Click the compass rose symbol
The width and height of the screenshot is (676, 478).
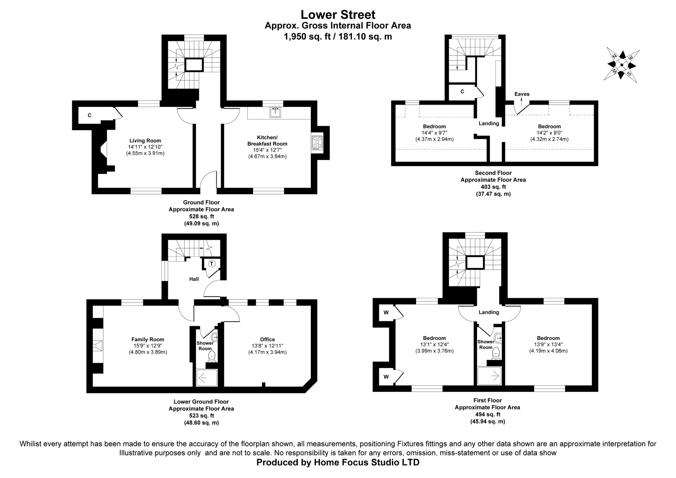coord(622,65)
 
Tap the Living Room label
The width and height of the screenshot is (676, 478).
coord(145,141)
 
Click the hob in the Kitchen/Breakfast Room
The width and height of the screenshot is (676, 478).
coord(317,143)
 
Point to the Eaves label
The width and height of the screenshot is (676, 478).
coord(522,94)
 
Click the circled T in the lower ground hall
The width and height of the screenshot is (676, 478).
coord(212,263)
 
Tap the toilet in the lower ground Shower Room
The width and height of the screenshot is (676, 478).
coord(212,356)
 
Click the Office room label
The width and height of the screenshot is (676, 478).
coord(268,340)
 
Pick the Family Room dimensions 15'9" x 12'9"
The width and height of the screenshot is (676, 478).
coord(148,346)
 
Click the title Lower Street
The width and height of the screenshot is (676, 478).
coord(338,14)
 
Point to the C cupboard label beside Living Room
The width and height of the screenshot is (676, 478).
coord(90,115)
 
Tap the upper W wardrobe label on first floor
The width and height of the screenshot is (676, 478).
coord(386,312)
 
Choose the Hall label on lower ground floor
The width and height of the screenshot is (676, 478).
coord(194,279)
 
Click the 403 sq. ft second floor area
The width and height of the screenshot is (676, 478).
coord(493,187)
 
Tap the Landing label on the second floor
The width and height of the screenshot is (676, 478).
coord(489,123)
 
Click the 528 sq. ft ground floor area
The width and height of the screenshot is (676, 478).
coord(201,216)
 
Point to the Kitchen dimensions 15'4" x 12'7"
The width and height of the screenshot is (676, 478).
coord(267,150)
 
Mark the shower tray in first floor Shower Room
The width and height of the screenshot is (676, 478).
coord(489,376)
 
